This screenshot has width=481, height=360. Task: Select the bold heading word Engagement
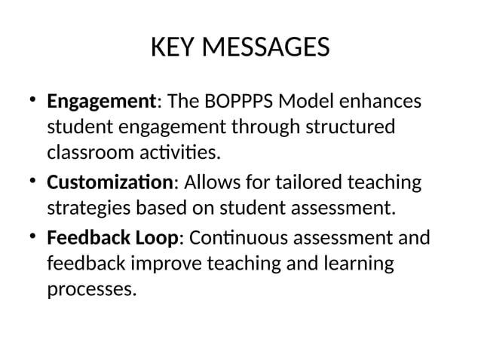tap(101, 101)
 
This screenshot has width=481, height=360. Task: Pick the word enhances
tap(385, 101)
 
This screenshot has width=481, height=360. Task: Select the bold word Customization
tap(110, 183)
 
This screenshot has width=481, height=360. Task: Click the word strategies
tap(90, 209)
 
